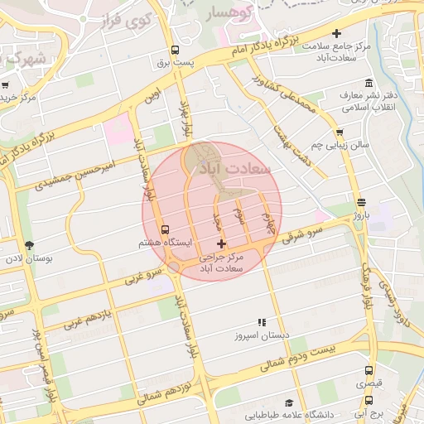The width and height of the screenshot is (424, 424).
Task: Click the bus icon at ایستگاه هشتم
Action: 165,229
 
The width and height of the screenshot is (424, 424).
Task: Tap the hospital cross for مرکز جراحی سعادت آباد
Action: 220,243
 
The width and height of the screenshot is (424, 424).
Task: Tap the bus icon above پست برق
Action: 175,51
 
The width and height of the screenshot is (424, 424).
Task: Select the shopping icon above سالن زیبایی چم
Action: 339,132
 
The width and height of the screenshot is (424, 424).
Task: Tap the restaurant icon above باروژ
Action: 360,203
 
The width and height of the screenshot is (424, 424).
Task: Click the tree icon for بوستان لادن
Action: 30,244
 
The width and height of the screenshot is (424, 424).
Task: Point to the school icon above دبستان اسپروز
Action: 262,323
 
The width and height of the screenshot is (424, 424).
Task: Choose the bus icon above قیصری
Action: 369,370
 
